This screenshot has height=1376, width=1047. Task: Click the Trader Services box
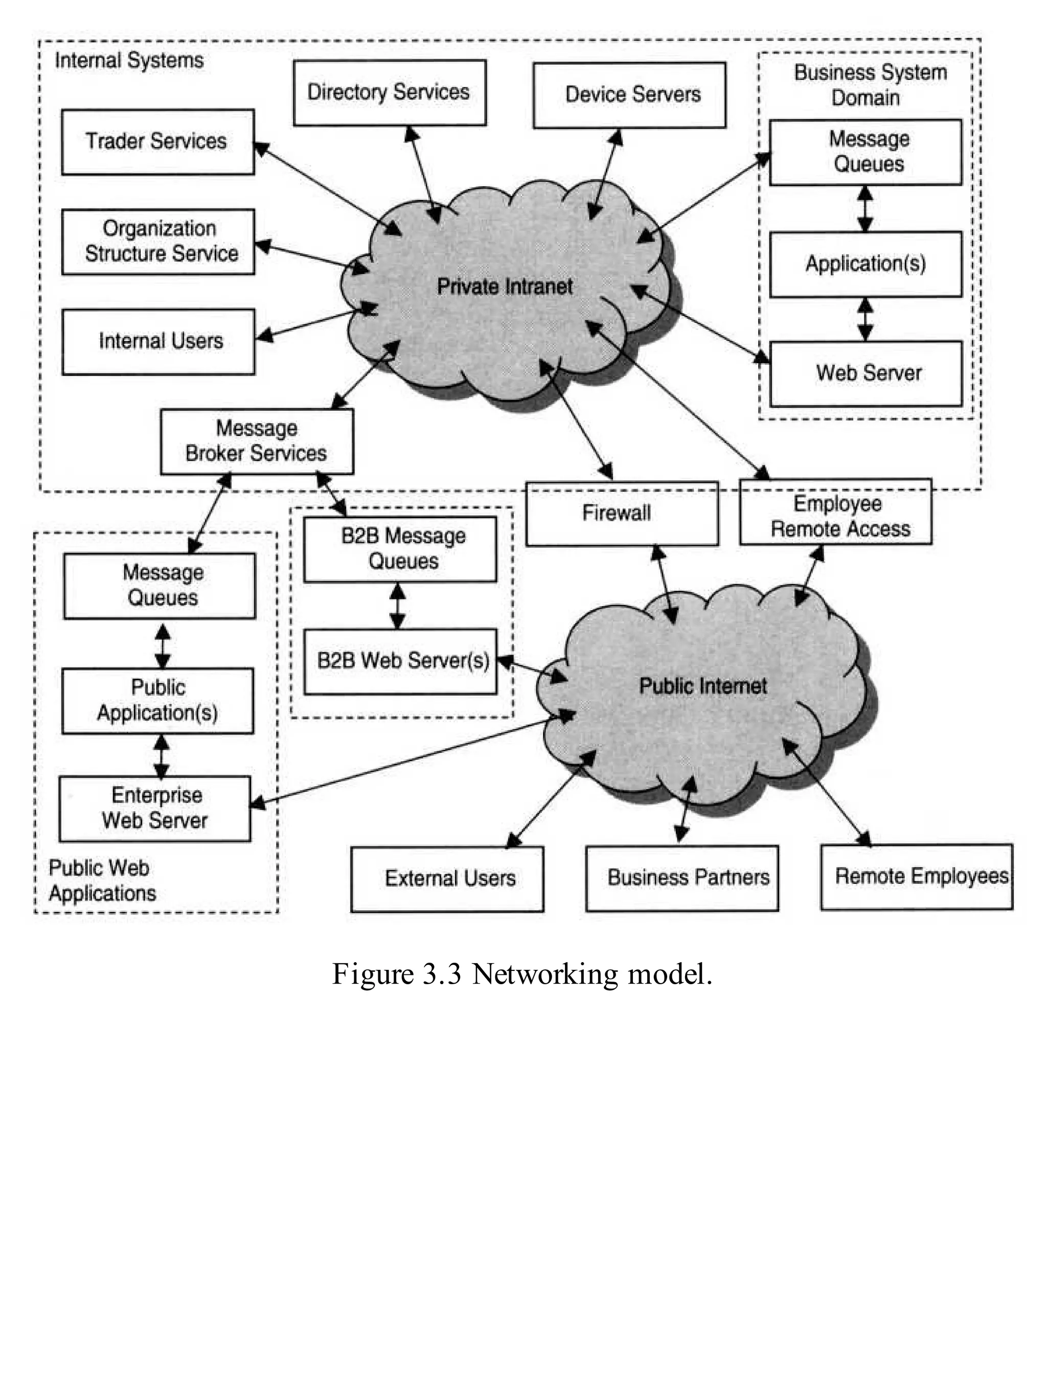coord(157,142)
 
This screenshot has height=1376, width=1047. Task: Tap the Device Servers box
coord(629,95)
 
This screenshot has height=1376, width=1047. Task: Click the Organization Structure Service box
coord(158,242)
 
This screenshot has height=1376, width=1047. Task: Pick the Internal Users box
coord(158,342)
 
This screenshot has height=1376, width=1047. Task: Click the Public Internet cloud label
coord(703,686)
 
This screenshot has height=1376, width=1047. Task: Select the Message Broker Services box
coord(257,441)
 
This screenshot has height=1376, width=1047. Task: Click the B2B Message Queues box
coord(400,549)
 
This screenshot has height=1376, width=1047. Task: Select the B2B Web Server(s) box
coord(400,661)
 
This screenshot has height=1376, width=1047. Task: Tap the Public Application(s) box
coord(157,701)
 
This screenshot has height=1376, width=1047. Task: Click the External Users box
coord(447,879)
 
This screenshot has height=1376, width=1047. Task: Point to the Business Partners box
coord(682,878)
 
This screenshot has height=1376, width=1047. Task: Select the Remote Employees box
coord(917,877)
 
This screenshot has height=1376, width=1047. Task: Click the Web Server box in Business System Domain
coord(866,373)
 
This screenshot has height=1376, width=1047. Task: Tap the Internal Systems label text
coord(129,60)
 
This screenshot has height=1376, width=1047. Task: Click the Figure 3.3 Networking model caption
coord(522,974)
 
